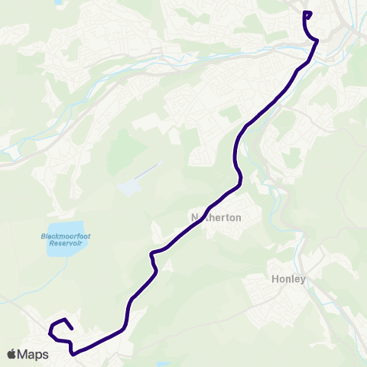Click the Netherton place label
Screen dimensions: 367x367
(216, 218)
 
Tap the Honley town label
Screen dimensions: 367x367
(288, 279)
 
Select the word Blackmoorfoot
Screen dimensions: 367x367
(66, 237)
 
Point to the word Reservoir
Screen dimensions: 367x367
(65, 245)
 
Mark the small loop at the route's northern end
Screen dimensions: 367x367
(307, 14)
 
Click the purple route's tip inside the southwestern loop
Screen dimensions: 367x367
(72, 329)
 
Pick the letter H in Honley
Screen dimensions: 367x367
(274, 279)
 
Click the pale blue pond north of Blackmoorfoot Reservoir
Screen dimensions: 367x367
(130, 187)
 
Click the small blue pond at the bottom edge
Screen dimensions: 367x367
(162, 365)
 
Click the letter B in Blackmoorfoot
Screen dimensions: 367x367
(43, 237)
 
